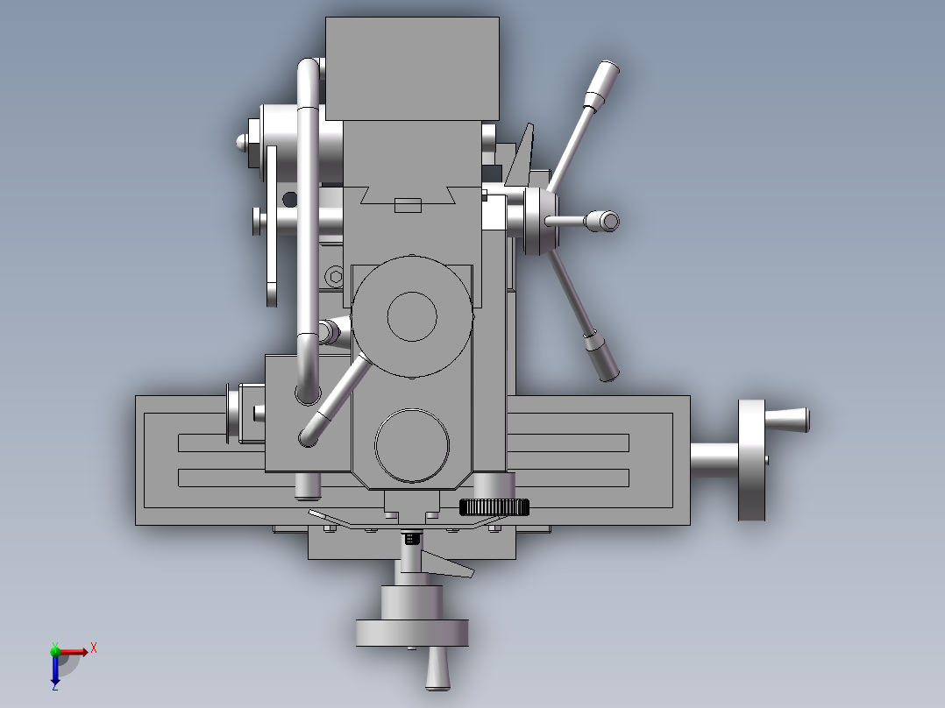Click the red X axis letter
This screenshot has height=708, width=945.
(94, 648)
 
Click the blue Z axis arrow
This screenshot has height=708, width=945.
(55, 670)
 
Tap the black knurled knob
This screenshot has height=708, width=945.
(494, 507)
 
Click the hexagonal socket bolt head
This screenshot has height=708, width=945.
(336, 277)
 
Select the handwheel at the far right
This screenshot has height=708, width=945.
(751, 460)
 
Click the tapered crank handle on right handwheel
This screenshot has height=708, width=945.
(787, 419)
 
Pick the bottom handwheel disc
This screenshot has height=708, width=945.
(412, 633)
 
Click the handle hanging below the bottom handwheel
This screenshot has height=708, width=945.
(437, 669)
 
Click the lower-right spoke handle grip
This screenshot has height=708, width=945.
(600, 357)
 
